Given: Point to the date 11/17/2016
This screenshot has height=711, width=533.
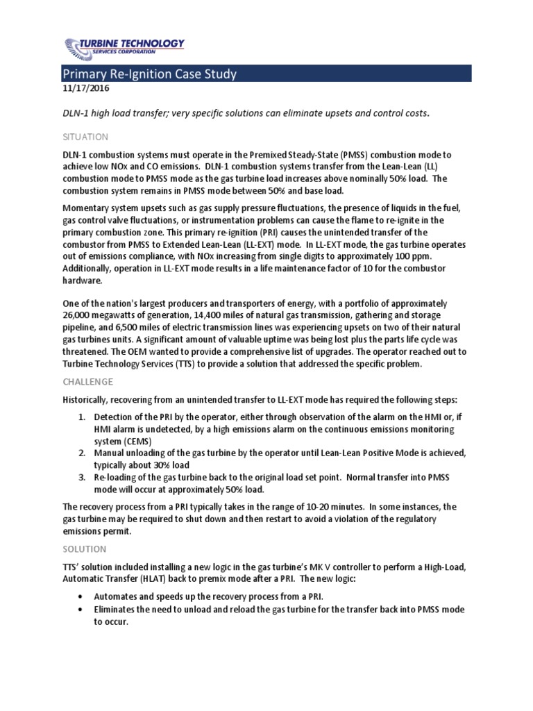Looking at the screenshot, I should (85, 89).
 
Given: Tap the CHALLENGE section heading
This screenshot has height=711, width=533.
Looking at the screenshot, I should (87, 382).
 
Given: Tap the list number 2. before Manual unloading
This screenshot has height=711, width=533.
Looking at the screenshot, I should (81, 453).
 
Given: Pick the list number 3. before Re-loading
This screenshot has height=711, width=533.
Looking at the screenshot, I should (81, 477).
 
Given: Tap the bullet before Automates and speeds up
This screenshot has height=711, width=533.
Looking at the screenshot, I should (83, 597).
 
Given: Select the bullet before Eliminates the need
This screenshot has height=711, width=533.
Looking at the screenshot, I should (83, 610).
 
